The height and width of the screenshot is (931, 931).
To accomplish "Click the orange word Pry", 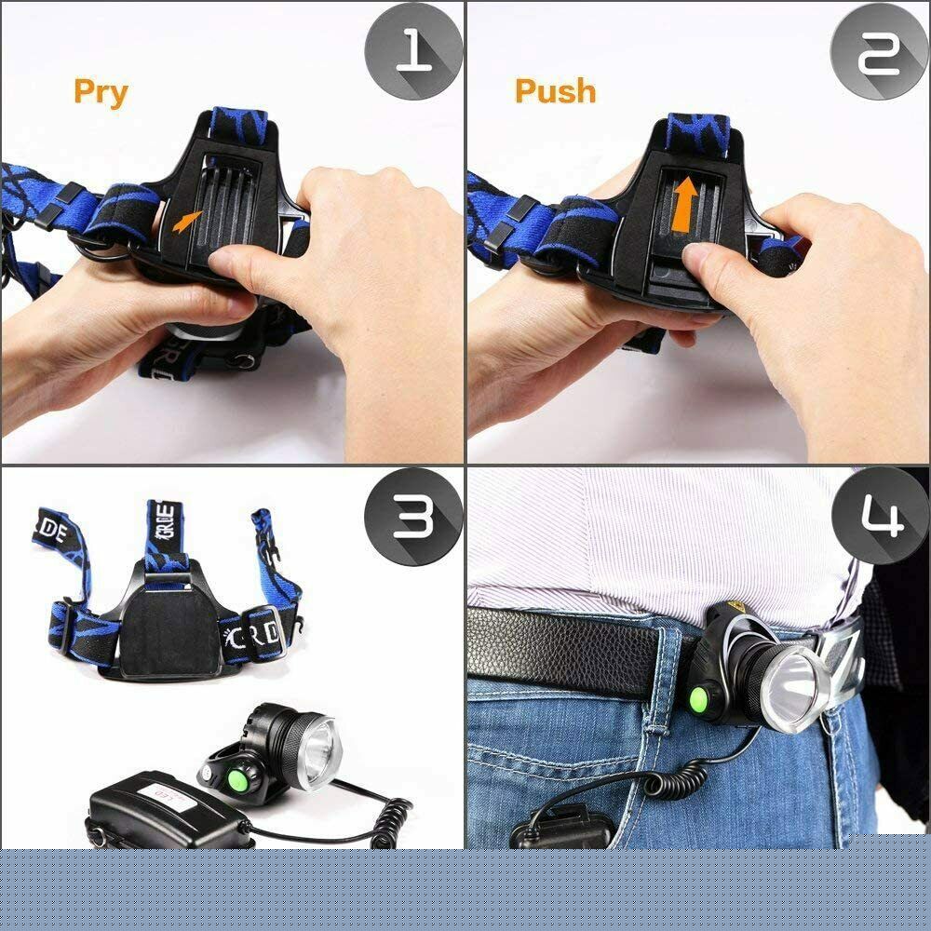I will [x=101, y=92].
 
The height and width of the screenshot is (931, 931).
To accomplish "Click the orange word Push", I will [x=555, y=91].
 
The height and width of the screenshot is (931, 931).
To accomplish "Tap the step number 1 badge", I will [x=412, y=52].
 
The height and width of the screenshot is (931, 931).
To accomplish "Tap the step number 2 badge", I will [x=879, y=52].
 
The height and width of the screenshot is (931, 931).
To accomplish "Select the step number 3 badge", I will [x=412, y=518].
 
